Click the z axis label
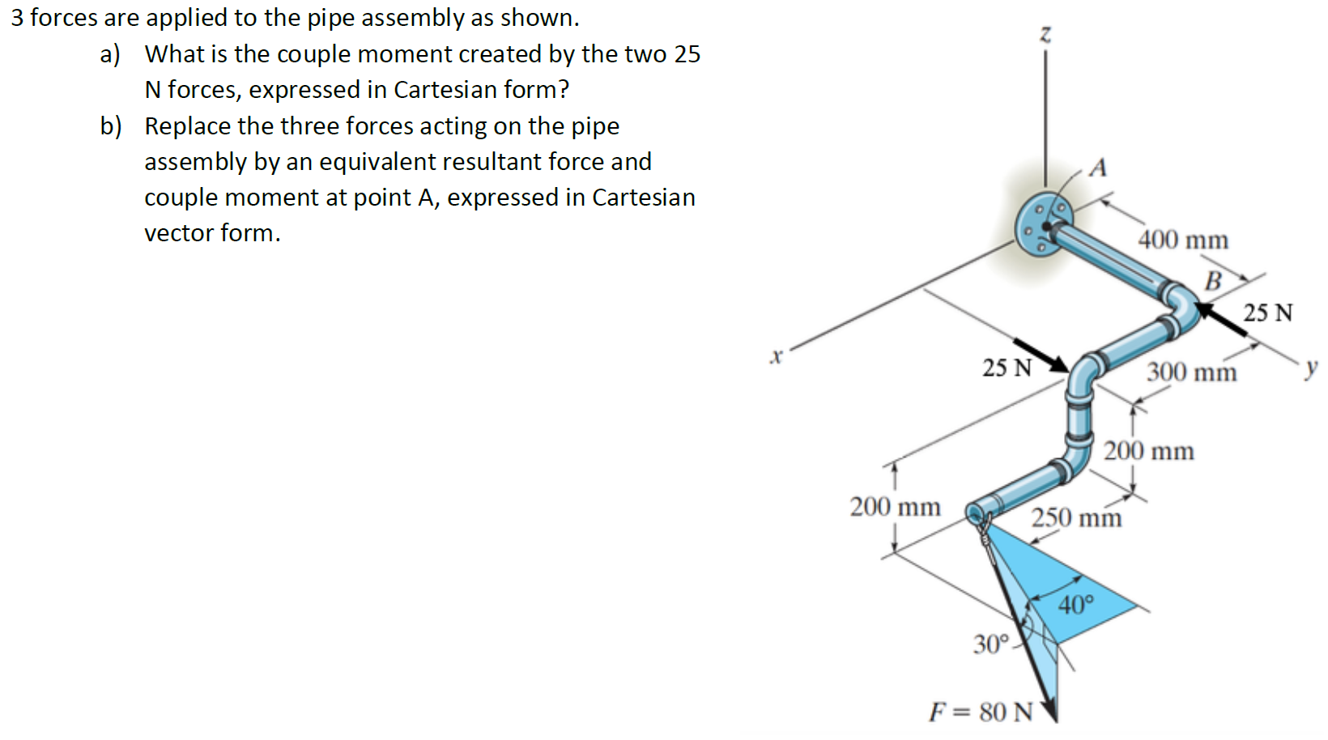click(x=1045, y=34)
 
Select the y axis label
click(x=1311, y=368)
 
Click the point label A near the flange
click(x=1098, y=168)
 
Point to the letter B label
click(x=1212, y=281)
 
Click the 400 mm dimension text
click(x=1183, y=240)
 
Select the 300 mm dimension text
click(x=1191, y=372)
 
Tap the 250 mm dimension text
click(x=1076, y=517)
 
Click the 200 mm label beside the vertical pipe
click(x=1148, y=451)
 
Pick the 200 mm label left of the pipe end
click(x=895, y=508)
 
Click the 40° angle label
click(x=1076, y=604)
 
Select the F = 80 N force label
click(x=981, y=712)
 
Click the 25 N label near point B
click(x=1268, y=313)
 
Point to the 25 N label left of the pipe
click(x=1007, y=368)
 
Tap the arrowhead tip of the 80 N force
click(x=1054, y=720)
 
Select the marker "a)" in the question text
click(x=109, y=54)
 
